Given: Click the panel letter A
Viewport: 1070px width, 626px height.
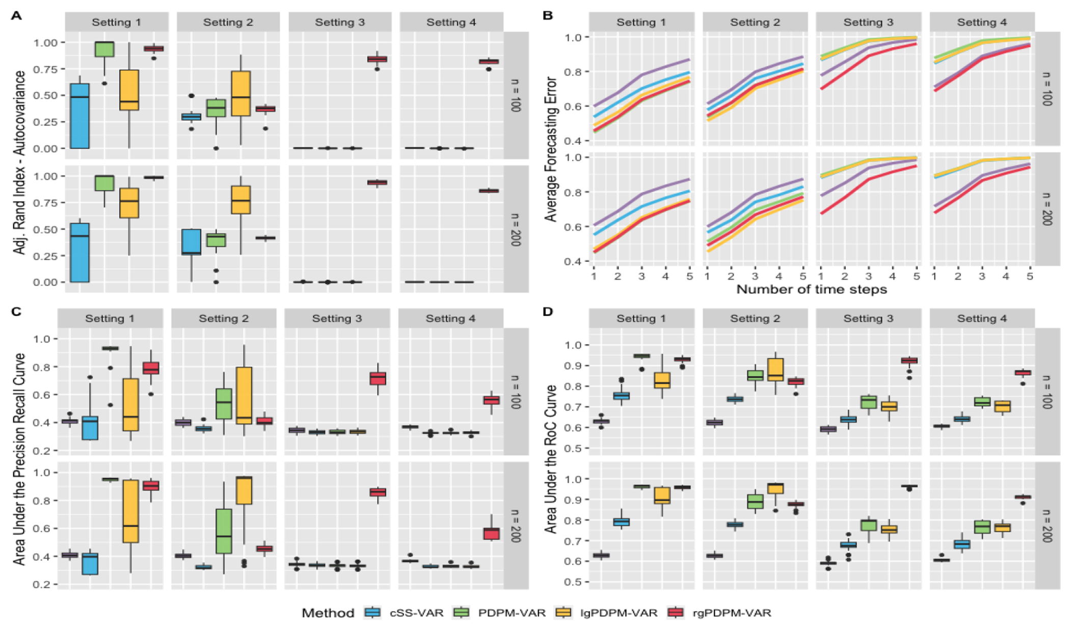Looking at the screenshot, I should pyautogui.click(x=16, y=16).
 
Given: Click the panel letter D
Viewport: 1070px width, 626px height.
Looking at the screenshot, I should pyautogui.click(x=548, y=312).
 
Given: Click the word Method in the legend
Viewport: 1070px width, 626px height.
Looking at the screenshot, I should pyautogui.click(x=328, y=613).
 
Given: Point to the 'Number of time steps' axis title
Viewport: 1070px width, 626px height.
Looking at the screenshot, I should pyautogui.click(x=811, y=290).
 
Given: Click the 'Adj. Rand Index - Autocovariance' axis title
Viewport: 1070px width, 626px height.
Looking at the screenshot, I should pyautogui.click(x=19, y=162).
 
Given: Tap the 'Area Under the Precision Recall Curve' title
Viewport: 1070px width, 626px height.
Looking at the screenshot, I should pyautogui.click(x=19, y=459).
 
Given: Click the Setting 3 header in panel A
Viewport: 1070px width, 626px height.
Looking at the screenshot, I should pyautogui.click(x=340, y=22).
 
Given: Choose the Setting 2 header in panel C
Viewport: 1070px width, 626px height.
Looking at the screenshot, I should pyautogui.click(x=224, y=319).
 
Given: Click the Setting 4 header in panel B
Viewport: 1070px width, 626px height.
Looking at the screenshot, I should pyautogui.click(x=982, y=22).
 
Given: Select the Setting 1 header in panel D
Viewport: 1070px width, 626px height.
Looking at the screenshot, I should pyautogui.click(x=641, y=319).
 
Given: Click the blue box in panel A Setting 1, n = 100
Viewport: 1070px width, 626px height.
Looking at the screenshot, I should pyautogui.click(x=79, y=116).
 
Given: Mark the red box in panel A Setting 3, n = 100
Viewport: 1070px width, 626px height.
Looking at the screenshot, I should pyautogui.click(x=377, y=59).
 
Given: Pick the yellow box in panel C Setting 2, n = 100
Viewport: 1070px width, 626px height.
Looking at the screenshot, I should pyautogui.click(x=244, y=395).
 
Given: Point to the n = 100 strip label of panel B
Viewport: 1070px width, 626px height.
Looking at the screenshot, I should pyautogui.click(x=1046, y=89).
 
